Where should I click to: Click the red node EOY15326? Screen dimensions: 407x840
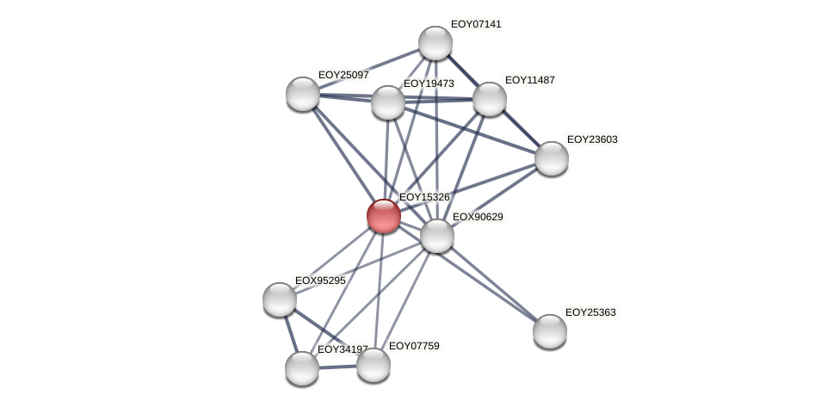383,216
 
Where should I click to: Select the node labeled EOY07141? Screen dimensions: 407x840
435,43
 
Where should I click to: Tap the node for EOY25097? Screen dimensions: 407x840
303,94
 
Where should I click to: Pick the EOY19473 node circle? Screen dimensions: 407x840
388,102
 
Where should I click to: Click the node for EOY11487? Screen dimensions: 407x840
490,99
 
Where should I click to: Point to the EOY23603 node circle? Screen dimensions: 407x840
552,158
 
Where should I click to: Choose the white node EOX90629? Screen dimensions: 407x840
437,236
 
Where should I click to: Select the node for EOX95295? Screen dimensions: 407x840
280,299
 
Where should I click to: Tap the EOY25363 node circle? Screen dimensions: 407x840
550,331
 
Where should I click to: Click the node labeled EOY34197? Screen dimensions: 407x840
302,368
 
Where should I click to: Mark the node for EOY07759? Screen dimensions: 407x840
374,365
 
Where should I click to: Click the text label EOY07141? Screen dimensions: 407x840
476,24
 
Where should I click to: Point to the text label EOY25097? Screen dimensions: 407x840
343,75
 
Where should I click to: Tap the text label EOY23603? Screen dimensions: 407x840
592,139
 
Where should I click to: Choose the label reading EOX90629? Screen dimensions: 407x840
478,217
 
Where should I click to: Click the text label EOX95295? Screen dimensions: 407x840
320,281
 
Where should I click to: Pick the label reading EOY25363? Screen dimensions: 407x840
590,312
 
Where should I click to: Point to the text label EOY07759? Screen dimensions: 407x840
414,346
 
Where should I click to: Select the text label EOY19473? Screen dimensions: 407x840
429,83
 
